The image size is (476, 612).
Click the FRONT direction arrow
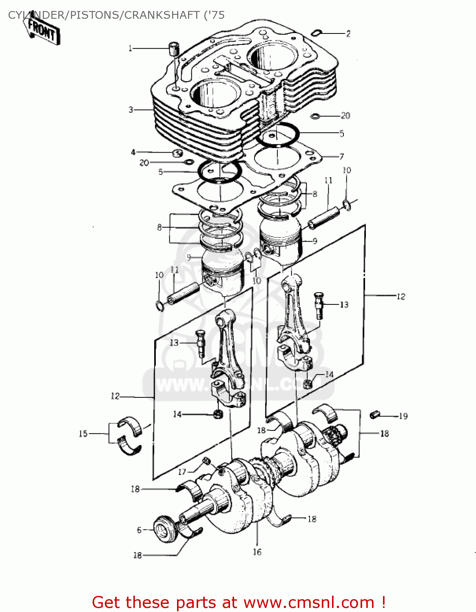(42, 31)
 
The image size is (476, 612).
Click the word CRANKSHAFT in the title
(162, 15)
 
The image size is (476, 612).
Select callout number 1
(130, 49)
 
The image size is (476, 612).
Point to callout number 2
(348, 34)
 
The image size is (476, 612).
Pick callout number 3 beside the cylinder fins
(131, 110)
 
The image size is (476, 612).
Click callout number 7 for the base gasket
(341, 156)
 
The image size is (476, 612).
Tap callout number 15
(83, 434)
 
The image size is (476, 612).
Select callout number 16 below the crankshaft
(257, 552)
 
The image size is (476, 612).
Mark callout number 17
(182, 472)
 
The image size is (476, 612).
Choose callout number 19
(403, 417)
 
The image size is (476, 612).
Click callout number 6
(139, 530)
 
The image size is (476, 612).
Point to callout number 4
(133, 152)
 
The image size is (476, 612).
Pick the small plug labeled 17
(207, 461)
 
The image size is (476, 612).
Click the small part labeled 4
(177, 153)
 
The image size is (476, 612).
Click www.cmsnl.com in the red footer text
(309, 603)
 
